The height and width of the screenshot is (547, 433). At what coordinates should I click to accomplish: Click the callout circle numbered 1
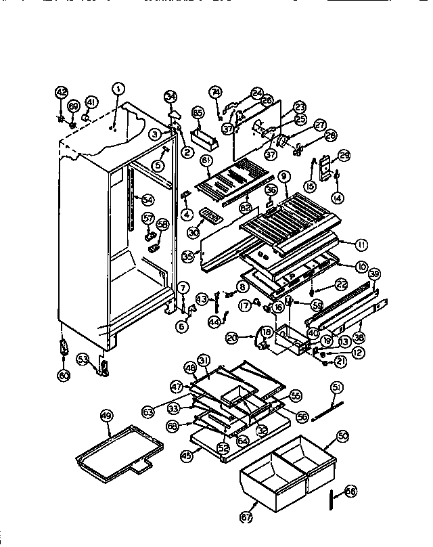point(118,87)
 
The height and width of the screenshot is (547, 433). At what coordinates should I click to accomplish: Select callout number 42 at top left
point(62,93)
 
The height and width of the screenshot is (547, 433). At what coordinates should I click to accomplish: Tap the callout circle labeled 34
point(170,95)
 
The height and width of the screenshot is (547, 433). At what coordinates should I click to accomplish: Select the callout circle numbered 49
point(106,416)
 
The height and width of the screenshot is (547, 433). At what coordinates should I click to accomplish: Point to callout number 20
point(231,336)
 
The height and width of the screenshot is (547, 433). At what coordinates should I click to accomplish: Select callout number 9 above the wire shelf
point(283,176)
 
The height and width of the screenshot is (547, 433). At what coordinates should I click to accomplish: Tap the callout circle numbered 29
point(344,156)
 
